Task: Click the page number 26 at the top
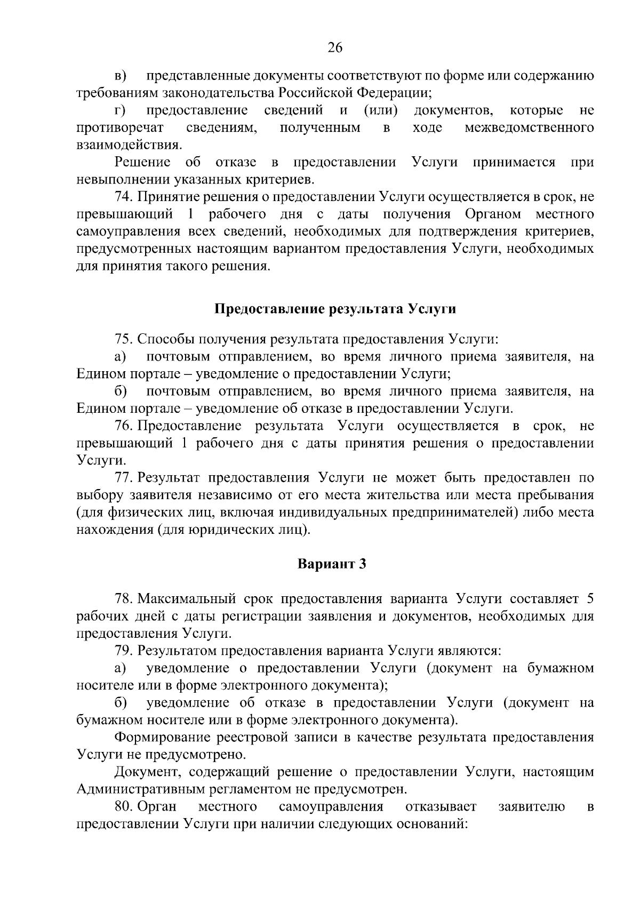tap(334, 48)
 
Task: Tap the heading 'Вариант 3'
tap(331, 564)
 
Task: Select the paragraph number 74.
tap(123, 197)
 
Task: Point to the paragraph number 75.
tap(123, 339)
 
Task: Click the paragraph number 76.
tap(123, 426)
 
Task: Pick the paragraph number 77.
tap(123, 478)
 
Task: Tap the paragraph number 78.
tap(123, 599)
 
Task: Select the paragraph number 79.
tap(123, 651)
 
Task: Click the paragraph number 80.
tap(123, 806)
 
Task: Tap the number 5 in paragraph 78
tap(589, 599)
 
